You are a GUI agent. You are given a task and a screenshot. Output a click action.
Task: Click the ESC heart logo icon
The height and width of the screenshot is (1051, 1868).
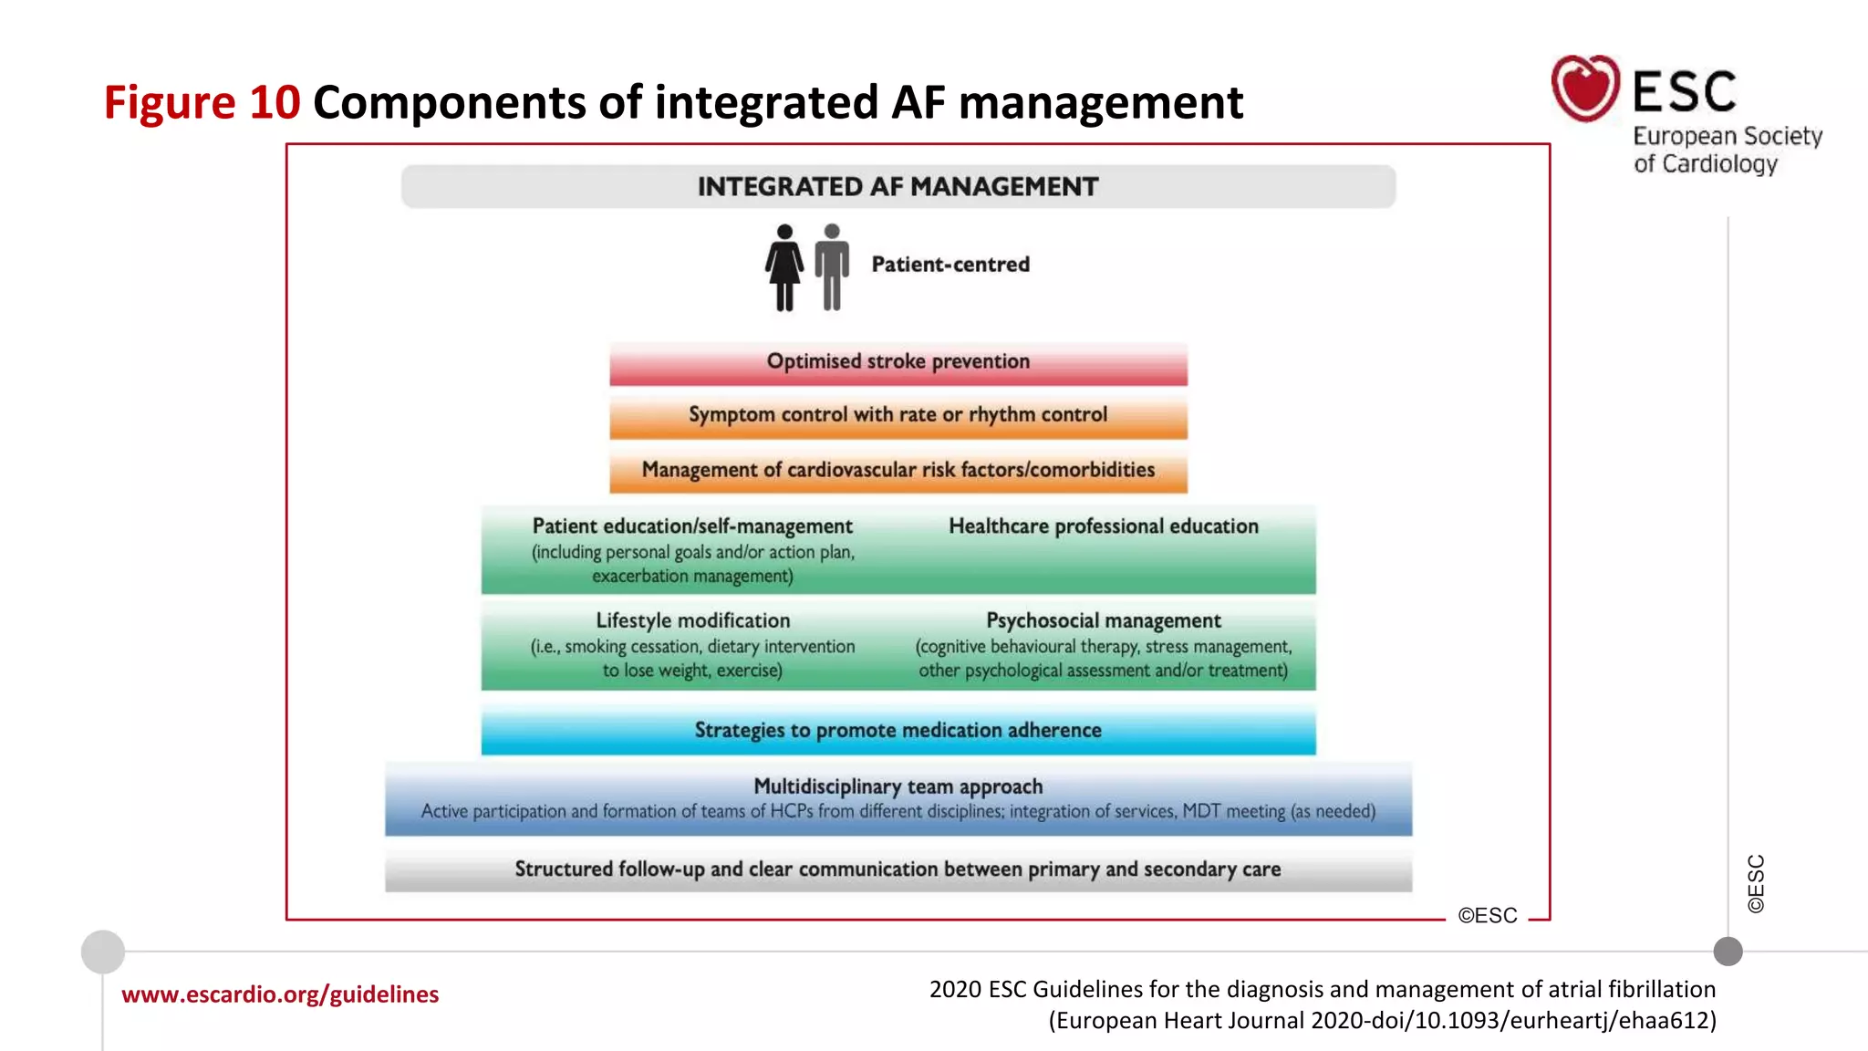(x=1585, y=88)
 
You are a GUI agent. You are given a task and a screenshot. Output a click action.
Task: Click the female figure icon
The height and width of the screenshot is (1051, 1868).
(x=784, y=267)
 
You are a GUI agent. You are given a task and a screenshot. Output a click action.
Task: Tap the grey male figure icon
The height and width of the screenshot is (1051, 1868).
(x=832, y=267)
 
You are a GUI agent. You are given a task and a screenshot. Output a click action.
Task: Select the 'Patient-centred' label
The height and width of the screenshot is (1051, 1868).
(x=950, y=265)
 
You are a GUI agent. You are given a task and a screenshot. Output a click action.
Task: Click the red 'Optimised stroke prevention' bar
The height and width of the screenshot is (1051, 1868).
(x=898, y=363)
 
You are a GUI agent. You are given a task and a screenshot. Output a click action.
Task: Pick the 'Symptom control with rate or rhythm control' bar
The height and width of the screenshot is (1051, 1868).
(x=898, y=416)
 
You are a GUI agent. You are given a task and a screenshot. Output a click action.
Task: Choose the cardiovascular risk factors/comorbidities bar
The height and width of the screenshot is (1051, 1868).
(x=898, y=471)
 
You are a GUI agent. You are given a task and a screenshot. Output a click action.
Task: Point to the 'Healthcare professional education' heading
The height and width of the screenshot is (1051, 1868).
(x=1104, y=526)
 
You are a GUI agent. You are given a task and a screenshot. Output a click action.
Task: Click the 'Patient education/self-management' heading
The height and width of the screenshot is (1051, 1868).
(x=692, y=526)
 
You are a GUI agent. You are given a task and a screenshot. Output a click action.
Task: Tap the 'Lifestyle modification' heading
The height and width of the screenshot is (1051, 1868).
(x=693, y=621)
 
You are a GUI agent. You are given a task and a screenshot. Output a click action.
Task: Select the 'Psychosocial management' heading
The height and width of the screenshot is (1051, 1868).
(x=1104, y=621)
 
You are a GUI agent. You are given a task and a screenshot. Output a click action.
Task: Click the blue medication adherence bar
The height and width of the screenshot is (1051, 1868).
(x=898, y=731)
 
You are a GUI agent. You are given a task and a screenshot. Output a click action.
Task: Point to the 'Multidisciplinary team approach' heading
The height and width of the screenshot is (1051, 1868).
(x=898, y=786)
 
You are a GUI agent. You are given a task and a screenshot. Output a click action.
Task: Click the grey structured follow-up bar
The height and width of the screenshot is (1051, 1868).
(x=898, y=869)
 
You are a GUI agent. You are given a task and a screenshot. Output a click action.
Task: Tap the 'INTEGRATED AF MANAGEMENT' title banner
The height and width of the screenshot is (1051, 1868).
(x=898, y=187)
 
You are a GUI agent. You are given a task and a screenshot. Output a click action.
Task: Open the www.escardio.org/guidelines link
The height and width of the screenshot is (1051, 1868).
(x=280, y=994)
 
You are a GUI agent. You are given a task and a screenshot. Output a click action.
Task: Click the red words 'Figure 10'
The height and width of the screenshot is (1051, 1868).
(x=202, y=102)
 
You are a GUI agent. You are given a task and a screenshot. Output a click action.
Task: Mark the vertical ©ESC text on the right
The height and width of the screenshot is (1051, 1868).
(x=1756, y=883)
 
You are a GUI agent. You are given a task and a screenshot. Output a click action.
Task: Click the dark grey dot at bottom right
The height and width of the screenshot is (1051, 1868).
(x=1728, y=952)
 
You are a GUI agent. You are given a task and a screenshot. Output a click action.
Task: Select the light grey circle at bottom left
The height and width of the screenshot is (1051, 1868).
(x=103, y=952)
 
